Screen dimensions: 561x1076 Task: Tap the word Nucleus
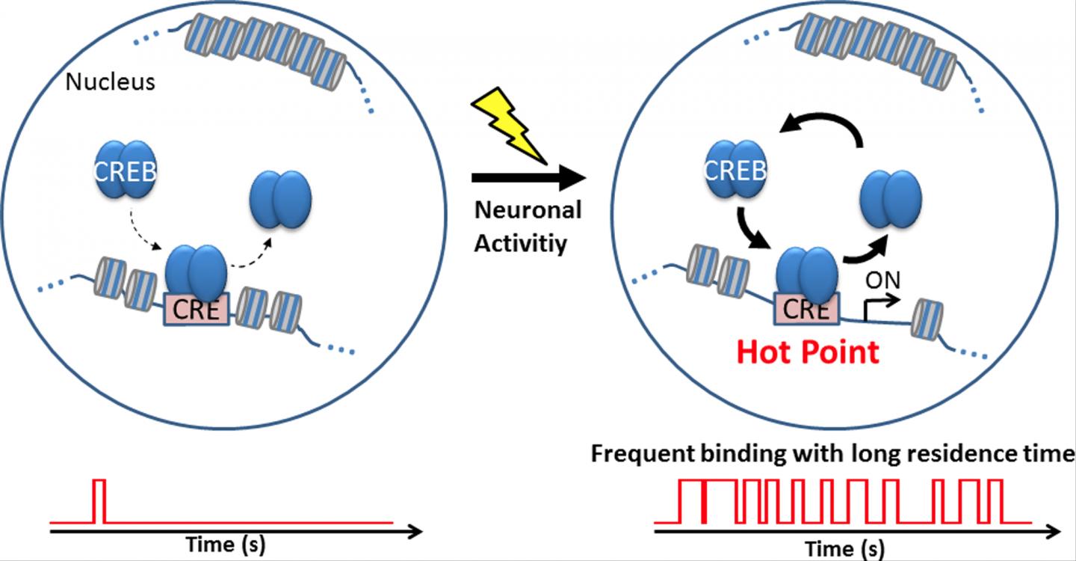click(110, 81)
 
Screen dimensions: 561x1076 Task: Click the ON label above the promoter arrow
click(882, 280)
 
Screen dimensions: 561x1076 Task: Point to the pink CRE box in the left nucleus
click(195, 310)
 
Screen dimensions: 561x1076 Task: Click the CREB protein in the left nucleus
click(125, 172)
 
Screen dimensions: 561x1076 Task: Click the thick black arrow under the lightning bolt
click(526, 178)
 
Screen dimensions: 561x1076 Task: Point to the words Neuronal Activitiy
click(528, 227)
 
